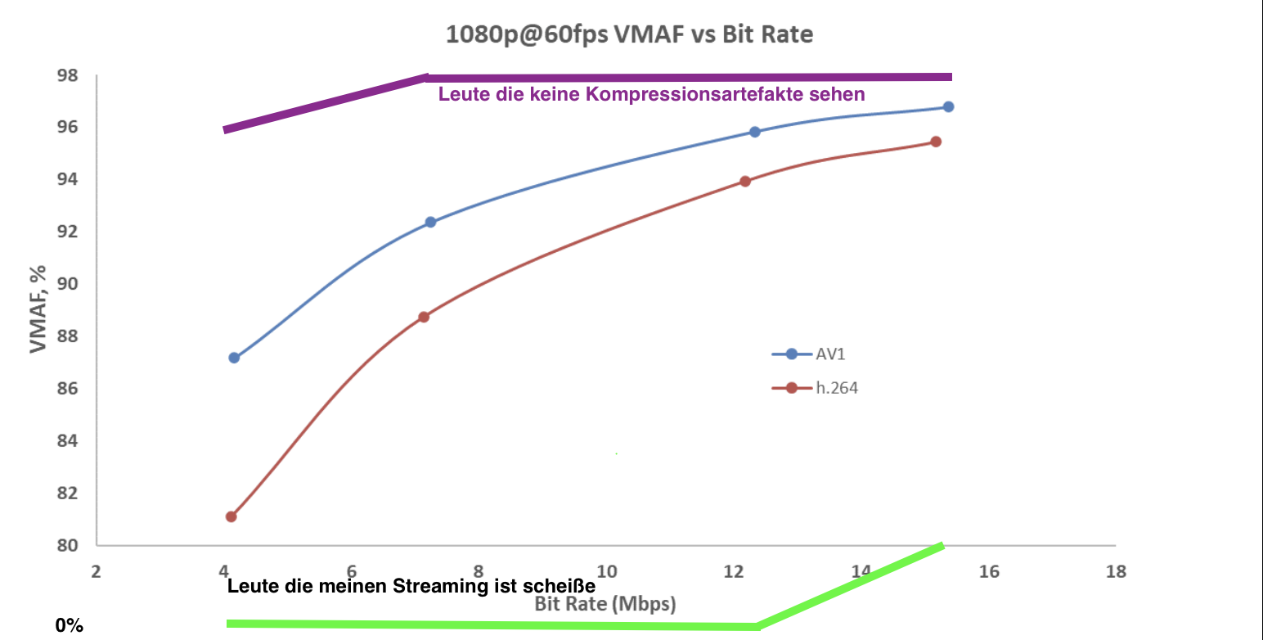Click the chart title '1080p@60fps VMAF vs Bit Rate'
[x=629, y=35]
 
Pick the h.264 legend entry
[x=837, y=388]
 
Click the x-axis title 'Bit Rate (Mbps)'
[x=606, y=604]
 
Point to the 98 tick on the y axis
[x=68, y=75]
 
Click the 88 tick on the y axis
[x=68, y=336]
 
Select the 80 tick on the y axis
[x=68, y=545]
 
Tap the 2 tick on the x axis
[x=96, y=571]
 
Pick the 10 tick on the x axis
[x=606, y=571]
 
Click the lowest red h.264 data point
[x=231, y=516]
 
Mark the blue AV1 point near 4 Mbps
[x=234, y=358]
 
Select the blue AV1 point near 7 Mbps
[x=430, y=222]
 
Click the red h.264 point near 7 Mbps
[x=424, y=317]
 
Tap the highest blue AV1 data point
[x=948, y=106]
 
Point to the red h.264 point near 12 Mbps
[x=744, y=181]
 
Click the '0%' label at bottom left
[x=70, y=626]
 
